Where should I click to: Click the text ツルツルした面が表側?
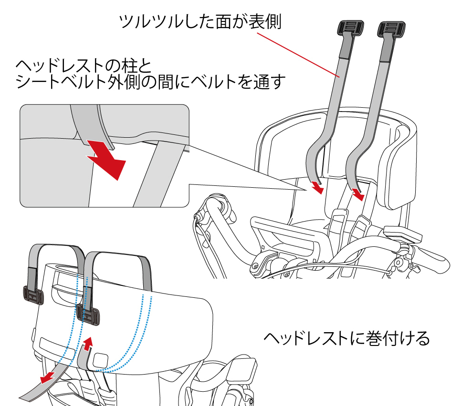coord(200,22)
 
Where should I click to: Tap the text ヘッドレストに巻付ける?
coord(347,338)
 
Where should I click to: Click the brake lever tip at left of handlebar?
coord(196,218)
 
